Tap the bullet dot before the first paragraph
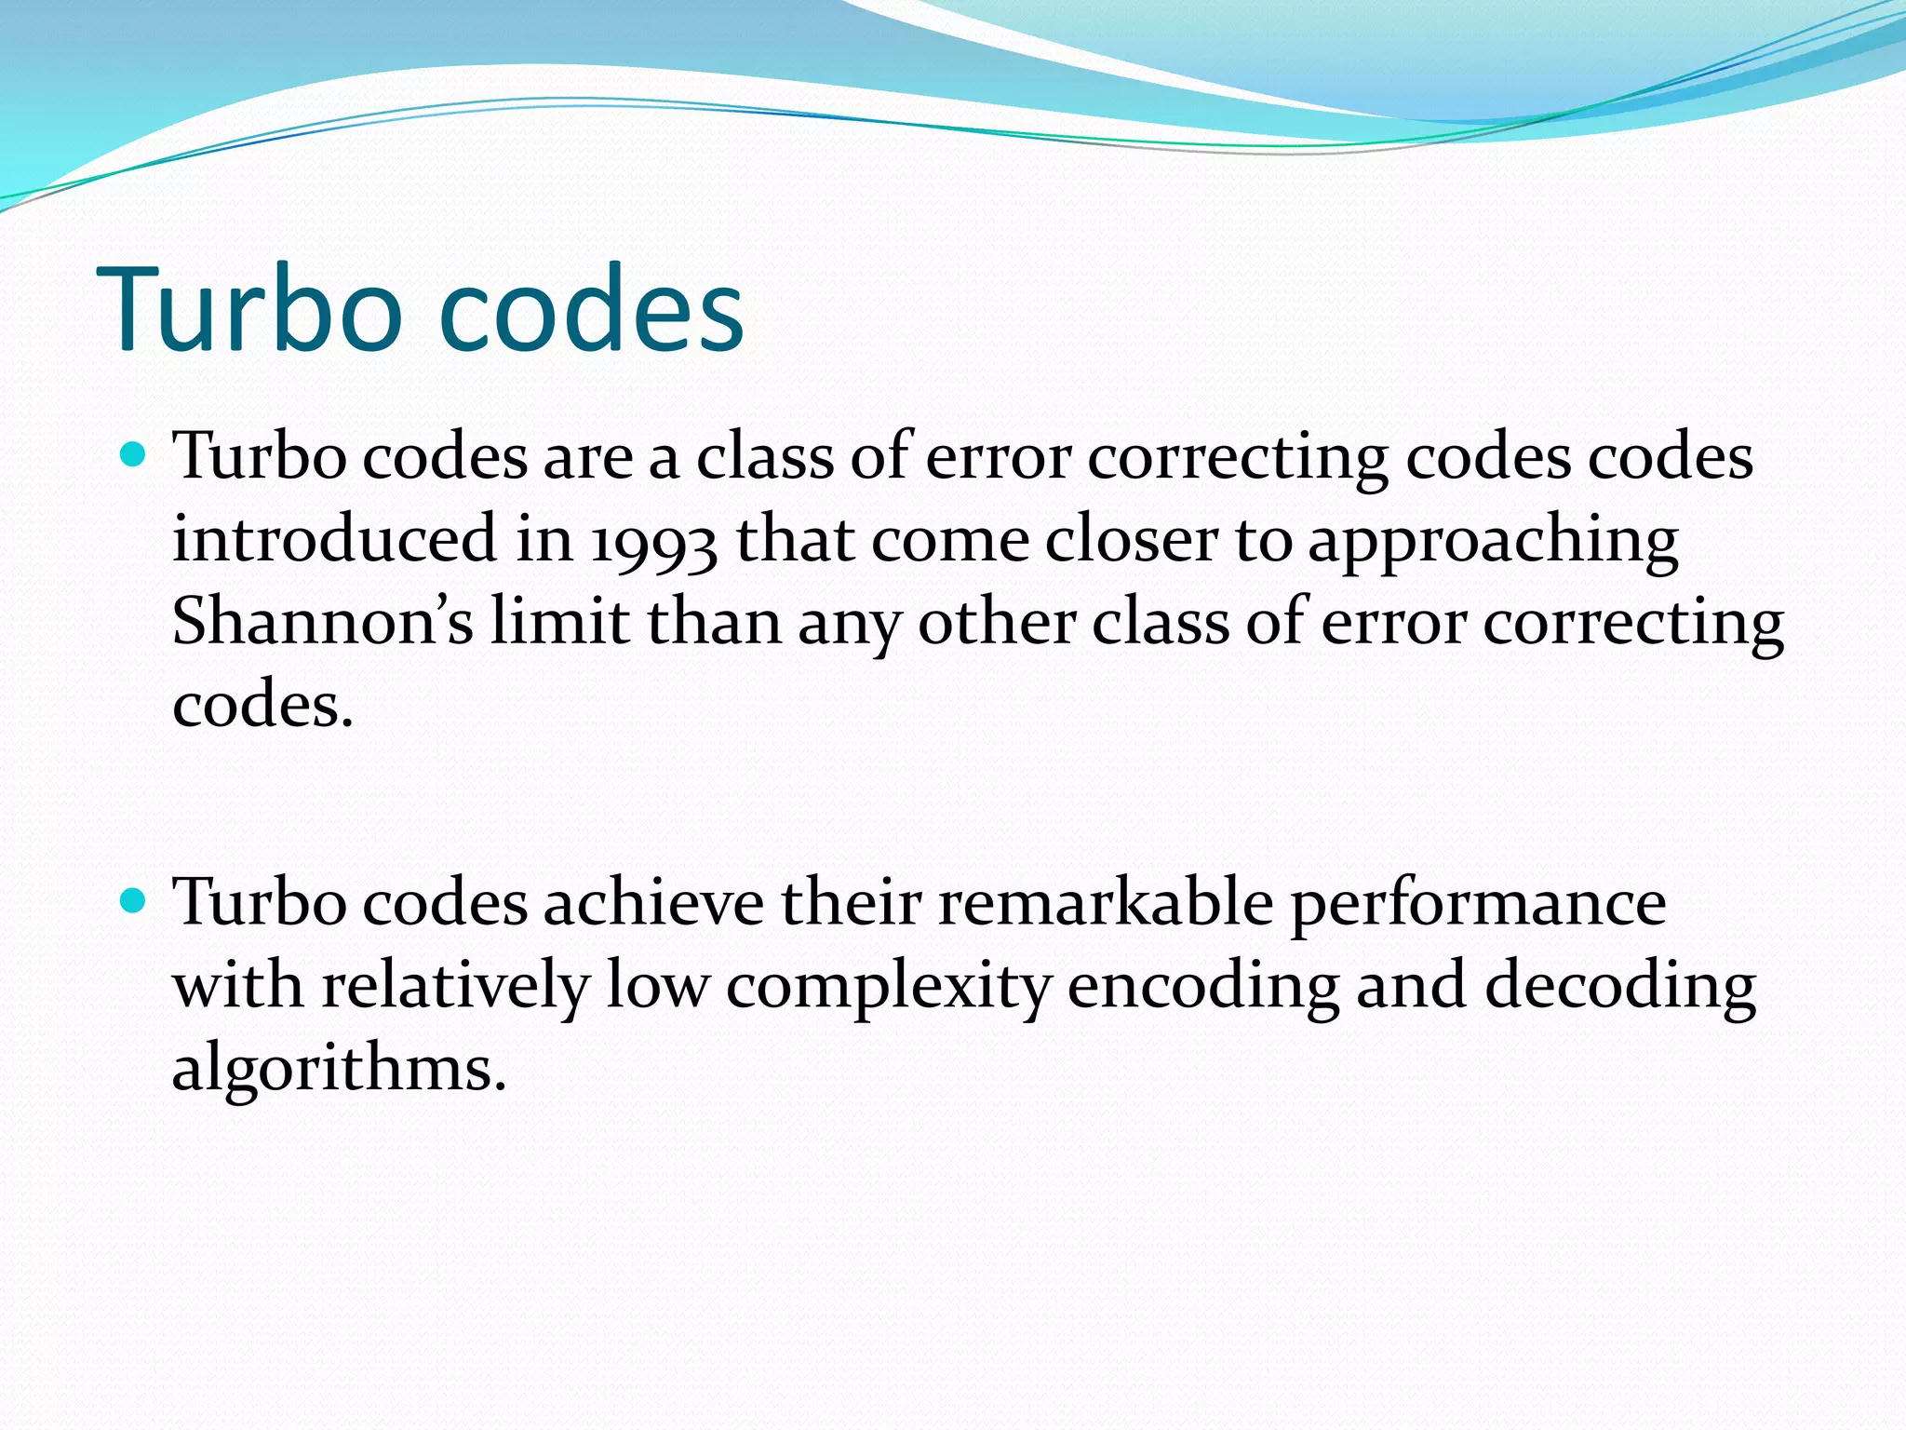pos(135,455)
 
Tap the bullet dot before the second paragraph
pos(135,900)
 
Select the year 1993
pos(653,542)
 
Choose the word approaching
pos(1493,542)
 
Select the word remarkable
pos(1106,902)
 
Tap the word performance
pos(1478,904)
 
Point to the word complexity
pos(888,987)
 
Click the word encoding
pos(1202,987)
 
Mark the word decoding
pos(1619,987)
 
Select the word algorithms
pos(339,1069)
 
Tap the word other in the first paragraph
pos(997,622)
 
